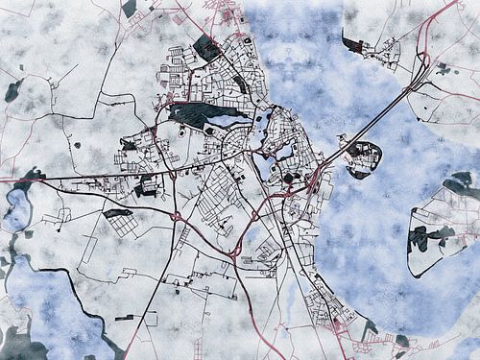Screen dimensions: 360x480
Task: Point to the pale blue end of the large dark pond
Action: [235, 120]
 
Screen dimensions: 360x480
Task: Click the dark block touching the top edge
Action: [129, 8]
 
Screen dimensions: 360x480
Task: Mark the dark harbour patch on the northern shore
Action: [351, 43]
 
